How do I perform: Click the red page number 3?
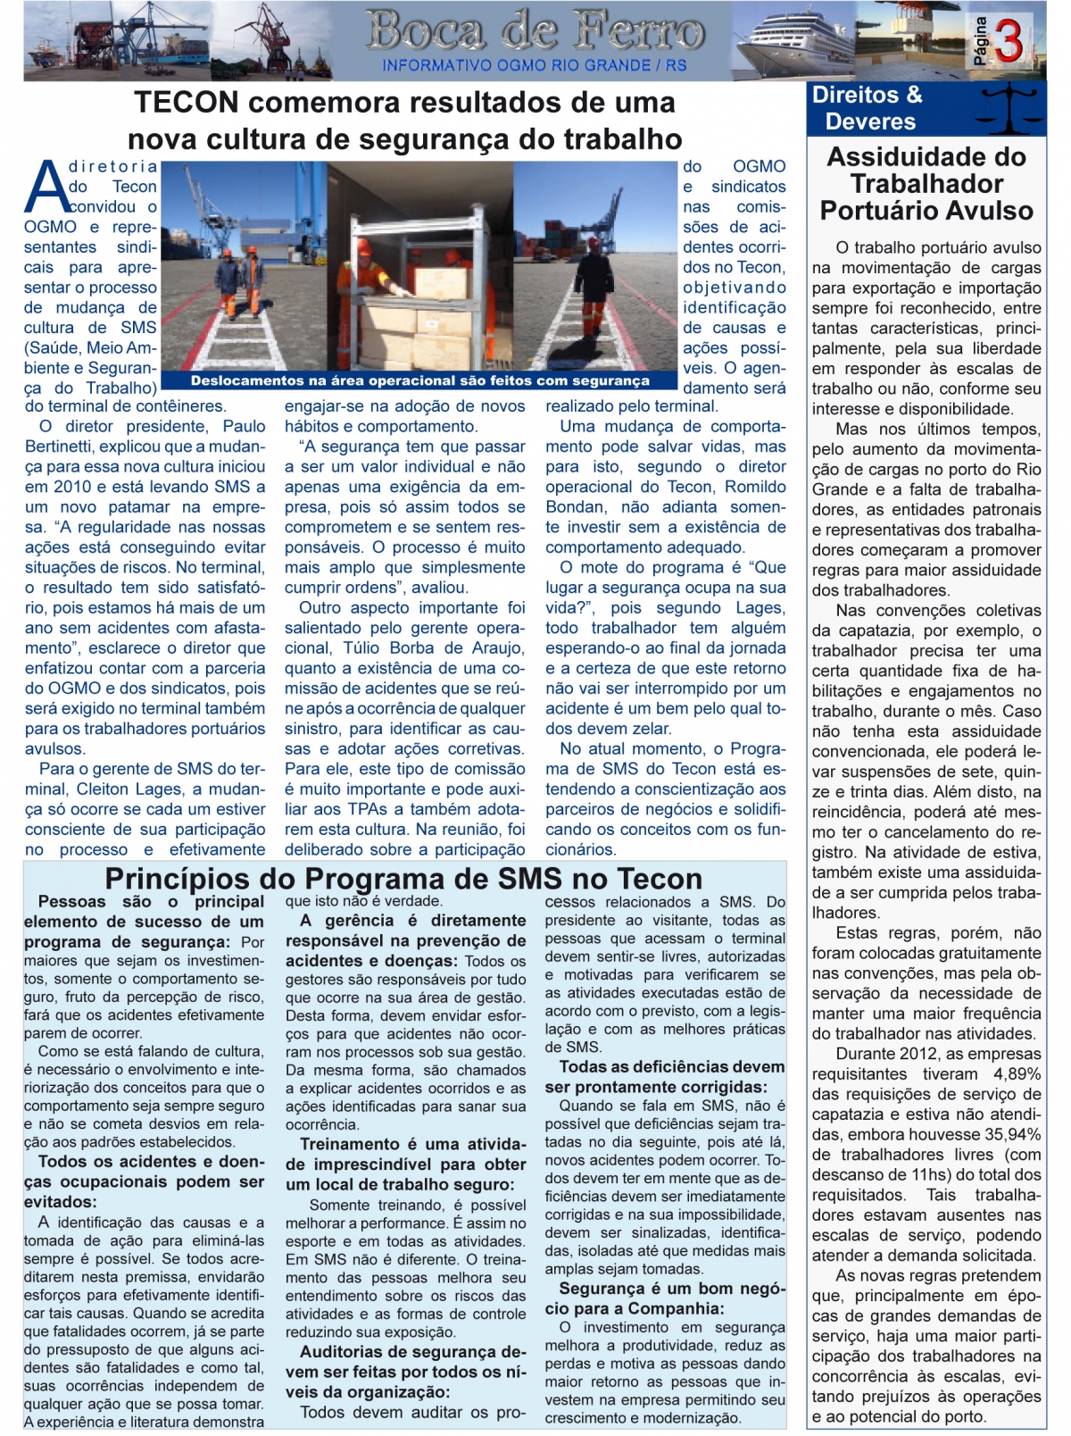tap(1009, 42)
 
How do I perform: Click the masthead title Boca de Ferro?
tap(535, 31)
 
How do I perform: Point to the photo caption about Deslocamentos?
tap(419, 381)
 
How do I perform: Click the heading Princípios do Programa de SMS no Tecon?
tap(403, 879)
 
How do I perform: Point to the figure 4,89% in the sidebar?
tap(1017, 1073)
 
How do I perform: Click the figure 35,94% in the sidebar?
tap(1010, 1134)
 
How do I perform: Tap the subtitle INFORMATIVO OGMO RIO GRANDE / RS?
tap(535, 66)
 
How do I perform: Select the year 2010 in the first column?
tap(72, 487)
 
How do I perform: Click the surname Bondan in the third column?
tap(575, 507)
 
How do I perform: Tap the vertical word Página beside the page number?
tap(981, 41)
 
